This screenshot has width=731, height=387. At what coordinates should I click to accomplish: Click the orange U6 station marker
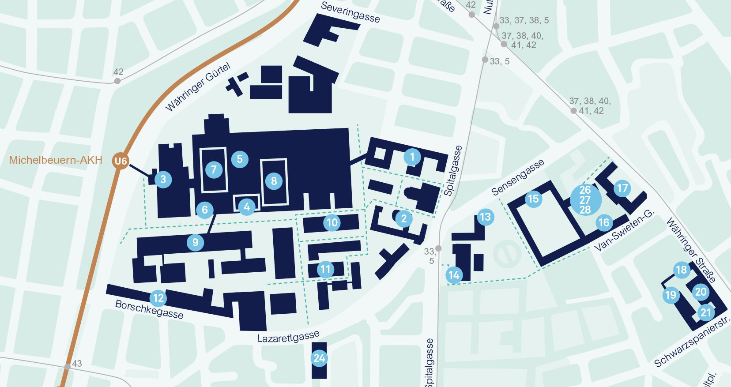pyautogui.click(x=121, y=161)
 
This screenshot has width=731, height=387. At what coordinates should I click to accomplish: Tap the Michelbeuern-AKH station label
pyautogui.click(x=56, y=160)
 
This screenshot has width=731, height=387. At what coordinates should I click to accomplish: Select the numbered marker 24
pyautogui.click(x=319, y=358)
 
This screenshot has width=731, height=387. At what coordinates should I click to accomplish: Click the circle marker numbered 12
pyautogui.click(x=158, y=298)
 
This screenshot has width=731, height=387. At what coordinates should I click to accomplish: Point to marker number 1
pyautogui.click(x=412, y=157)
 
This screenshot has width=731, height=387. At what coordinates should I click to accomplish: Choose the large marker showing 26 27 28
pyautogui.click(x=585, y=200)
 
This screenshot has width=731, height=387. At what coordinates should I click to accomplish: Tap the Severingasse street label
pyautogui.click(x=350, y=12)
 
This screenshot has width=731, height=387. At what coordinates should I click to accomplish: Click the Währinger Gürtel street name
pyautogui.click(x=198, y=87)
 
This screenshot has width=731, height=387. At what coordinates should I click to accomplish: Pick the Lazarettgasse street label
pyautogui.click(x=288, y=338)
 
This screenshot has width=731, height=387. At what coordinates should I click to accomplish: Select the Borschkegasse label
pyautogui.click(x=149, y=309)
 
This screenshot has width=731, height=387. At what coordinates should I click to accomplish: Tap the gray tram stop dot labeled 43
pyautogui.click(x=67, y=367)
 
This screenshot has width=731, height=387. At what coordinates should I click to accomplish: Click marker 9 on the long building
pyautogui.click(x=195, y=242)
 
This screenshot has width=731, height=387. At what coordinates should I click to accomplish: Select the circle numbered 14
pyautogui.click(x=454, y=275)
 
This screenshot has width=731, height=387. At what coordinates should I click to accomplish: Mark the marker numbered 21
pyautogui.click(x=706, y=313)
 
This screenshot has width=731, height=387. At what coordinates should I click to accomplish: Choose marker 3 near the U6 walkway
pyautogui.click(x=163, y=179)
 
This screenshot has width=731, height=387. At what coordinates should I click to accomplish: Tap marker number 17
pyautogui.click(x=622, y=188)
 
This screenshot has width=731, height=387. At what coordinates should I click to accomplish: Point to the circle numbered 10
pyautogui.click(x=332, y=223)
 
